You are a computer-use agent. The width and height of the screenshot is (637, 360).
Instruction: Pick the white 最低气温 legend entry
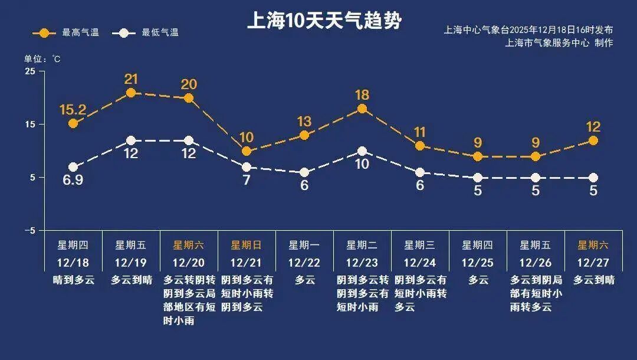point(147,32)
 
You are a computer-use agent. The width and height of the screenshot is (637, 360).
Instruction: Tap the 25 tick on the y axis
point(29,71)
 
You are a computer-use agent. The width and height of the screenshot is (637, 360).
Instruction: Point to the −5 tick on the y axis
point(29,231)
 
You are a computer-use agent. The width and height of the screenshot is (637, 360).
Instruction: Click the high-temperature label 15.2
point(73,109)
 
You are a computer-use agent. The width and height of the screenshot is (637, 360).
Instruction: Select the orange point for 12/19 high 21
point(131,93)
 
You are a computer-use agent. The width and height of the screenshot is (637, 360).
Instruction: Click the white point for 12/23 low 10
point(362,151)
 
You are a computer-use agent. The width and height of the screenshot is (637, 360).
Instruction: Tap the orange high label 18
point(362,95)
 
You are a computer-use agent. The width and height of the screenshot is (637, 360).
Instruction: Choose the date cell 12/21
point(246,261)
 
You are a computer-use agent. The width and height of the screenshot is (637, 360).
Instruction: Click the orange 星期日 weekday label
point(246,245)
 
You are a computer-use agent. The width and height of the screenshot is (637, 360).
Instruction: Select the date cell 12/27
point(593,261)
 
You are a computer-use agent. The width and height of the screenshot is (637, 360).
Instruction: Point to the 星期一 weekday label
point(304,245)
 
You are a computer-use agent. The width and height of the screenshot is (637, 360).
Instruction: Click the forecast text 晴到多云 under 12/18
point(73,280)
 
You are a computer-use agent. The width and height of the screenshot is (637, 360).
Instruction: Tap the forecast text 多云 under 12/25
point(478,280)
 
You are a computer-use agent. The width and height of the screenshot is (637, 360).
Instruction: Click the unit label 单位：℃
point(42,59)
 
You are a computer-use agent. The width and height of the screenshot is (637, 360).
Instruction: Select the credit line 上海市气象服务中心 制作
point(559,42)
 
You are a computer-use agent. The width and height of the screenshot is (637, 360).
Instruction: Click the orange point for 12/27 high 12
point(593,140)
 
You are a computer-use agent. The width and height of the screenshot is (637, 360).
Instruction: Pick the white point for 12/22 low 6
point(304,172)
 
